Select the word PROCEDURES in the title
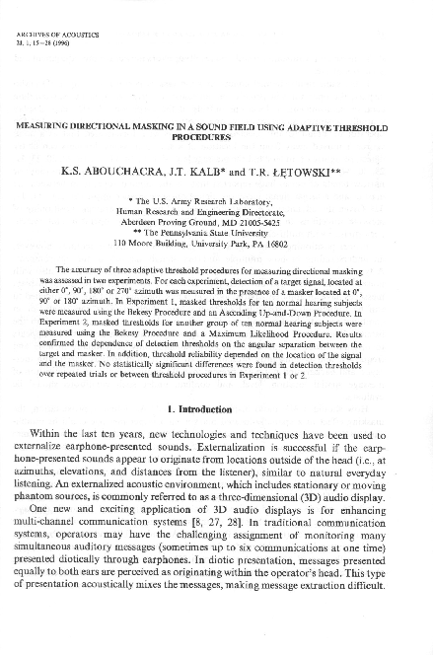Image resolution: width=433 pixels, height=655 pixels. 216,138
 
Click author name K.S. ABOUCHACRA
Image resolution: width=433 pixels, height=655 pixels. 108,170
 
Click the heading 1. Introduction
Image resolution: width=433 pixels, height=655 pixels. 216,407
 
